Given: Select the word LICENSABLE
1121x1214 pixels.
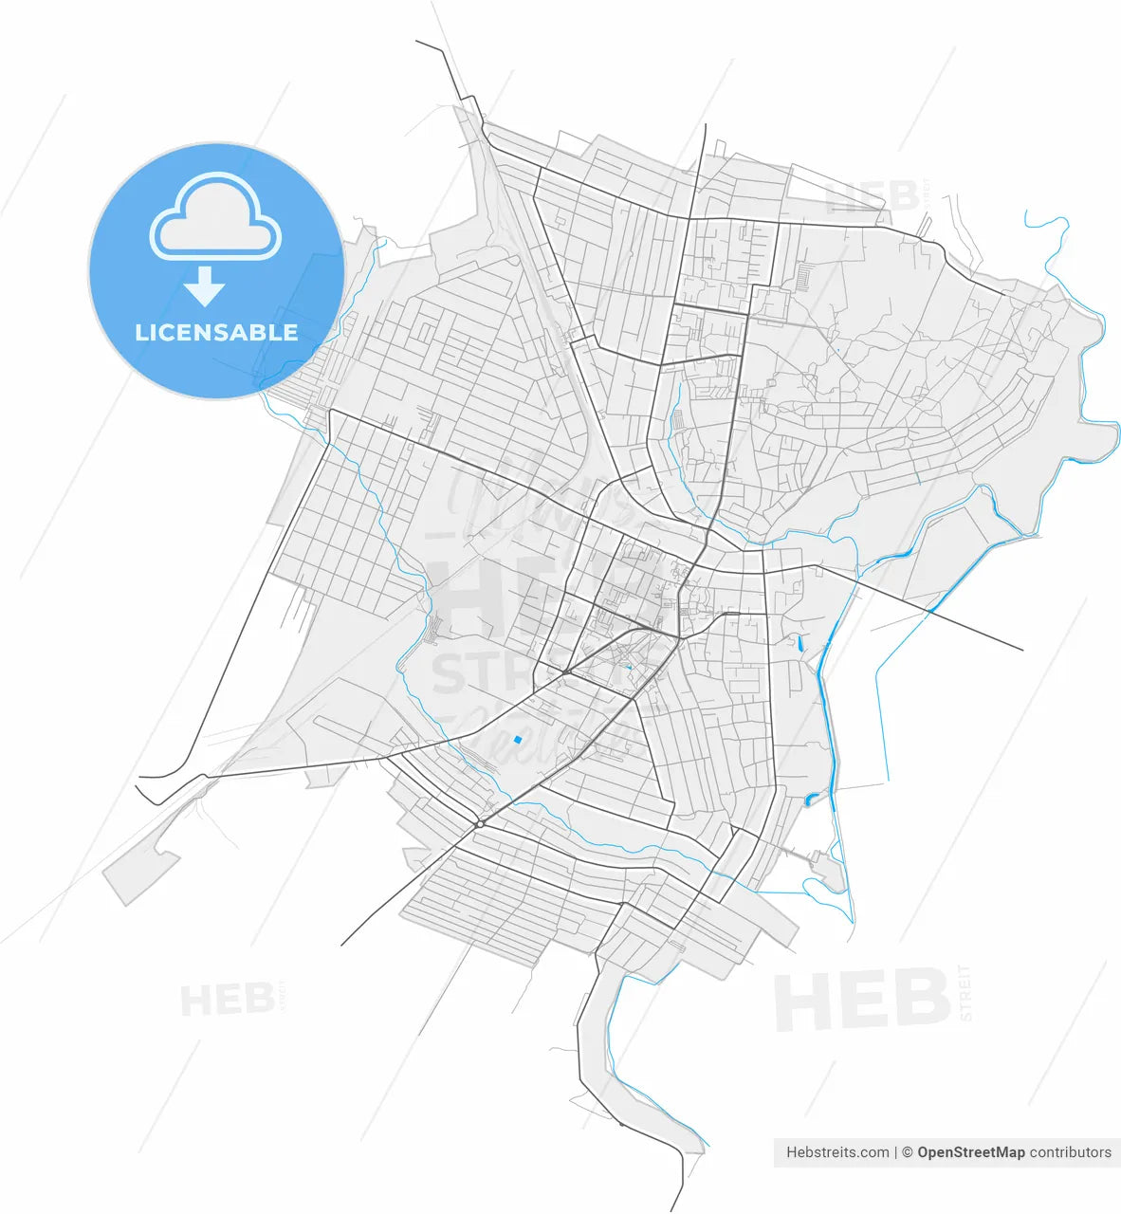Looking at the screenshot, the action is click(216, 333).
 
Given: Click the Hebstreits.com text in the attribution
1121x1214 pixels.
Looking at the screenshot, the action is click(837, 1152).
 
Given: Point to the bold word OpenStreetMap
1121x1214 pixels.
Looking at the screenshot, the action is click(970, 1152).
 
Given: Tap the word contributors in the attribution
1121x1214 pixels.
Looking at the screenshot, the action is click(1070, 1152).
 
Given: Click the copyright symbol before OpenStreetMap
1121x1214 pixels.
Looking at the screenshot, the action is click(907, 1152).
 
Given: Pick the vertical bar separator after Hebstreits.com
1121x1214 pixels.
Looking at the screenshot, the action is click(895, 1152).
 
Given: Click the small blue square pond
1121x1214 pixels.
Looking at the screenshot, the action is click(517, 739).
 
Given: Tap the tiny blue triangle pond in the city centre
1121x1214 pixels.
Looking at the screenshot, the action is click(628, 667).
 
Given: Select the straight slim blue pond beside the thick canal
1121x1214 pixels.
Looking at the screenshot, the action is click(801, 642).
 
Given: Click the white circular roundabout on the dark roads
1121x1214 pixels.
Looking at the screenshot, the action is click(481, 824).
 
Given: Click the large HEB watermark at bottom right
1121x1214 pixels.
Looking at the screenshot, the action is click(861, 1000).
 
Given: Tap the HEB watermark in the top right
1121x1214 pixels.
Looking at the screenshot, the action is click(872, 197).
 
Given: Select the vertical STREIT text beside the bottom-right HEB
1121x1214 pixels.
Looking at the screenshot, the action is click(965, 992).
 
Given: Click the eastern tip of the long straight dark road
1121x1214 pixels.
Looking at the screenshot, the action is click(1022, 650).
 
